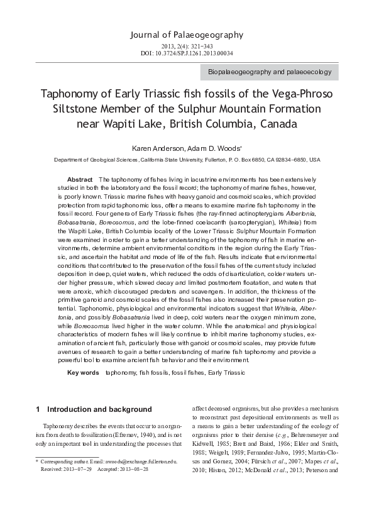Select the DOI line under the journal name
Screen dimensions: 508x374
click(187, 53)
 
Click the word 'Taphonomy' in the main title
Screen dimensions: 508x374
click(72, 94)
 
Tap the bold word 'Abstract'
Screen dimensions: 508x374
click(80, 180)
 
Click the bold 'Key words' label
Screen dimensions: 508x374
click(83, 373)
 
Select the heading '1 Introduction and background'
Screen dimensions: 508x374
click(94, 409)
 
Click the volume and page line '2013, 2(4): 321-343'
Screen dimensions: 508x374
click(187, 46)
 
